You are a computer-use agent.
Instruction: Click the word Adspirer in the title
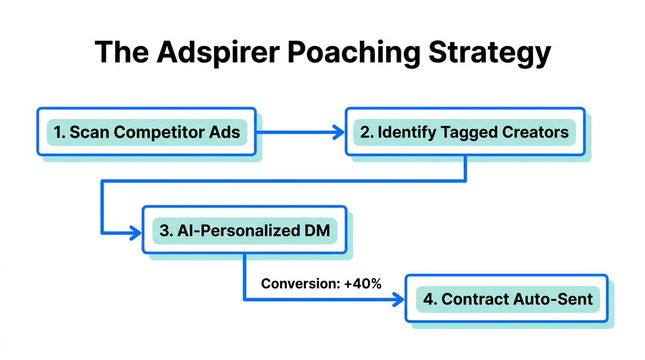(x=218, y=52)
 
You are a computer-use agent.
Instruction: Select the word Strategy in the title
(x=489, y=52)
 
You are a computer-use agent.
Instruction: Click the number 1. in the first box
(x=60, y=132)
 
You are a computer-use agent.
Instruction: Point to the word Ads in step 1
(x=228, y=132)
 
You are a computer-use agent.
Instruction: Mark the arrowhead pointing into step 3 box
(x=136, y=232)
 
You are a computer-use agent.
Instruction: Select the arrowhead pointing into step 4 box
(x=398, y=299)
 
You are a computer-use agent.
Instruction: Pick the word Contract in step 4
(x=474, y=299)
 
